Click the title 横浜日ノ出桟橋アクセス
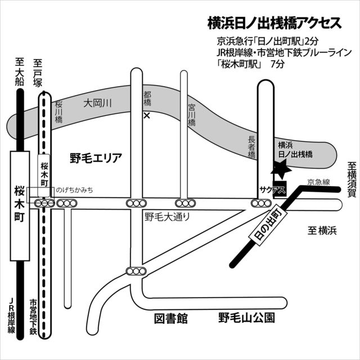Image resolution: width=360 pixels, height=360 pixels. tap(274, 23)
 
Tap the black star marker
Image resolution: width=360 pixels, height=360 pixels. tap(280, 168)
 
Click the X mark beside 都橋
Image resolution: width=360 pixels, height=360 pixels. tap(147, 116)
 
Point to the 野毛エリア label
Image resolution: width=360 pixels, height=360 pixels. tap(96, 157)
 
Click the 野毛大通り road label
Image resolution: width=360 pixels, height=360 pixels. tap(167, 216)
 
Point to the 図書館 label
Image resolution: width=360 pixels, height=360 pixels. tap(170, 319)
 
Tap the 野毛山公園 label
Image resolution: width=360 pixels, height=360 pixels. tap(247, 319)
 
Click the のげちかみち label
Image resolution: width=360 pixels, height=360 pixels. tap(74, 191)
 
